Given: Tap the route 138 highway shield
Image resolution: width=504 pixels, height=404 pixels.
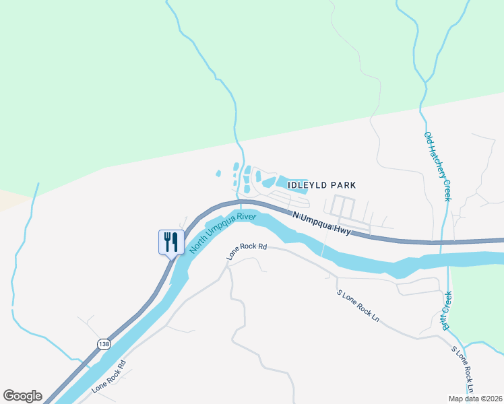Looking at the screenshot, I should [x=103, y=344].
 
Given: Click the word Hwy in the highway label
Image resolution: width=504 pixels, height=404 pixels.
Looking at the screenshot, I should [x=342, y=230].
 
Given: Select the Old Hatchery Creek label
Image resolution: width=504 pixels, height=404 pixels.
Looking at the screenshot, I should [x=437, y=166].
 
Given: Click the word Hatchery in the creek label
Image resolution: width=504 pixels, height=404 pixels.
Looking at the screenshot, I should [x=437, y=164].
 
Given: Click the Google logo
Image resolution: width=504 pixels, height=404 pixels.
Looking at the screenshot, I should [x=22, y=396].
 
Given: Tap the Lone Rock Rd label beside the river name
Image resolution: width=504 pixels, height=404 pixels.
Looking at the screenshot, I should [x=247, y=251].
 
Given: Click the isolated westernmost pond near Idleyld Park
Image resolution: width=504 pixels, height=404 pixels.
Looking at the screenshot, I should [x=218, y=174].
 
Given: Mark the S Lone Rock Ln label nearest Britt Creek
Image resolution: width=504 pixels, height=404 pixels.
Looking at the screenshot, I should [x=464, y=370].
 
